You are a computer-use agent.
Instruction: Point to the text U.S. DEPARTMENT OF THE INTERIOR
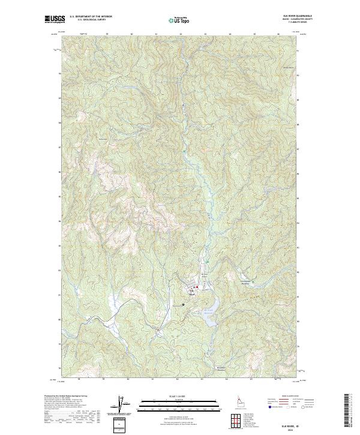tap(91, 16)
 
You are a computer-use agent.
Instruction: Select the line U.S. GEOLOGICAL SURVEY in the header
tap(91, 20)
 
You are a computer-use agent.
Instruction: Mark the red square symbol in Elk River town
tap(196, 287)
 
